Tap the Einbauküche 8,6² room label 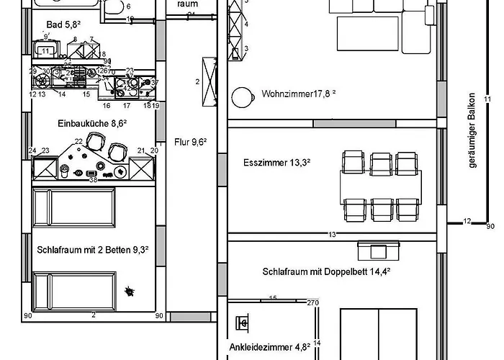(x=92, y=124)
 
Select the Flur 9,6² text (x=191, y=141)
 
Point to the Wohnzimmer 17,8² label (x=299, y=94)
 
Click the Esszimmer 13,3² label (x=277, y=163)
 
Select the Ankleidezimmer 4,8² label (x=269, y=346)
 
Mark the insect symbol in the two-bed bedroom (x=130, y=291)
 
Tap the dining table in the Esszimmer (x=380, y=185)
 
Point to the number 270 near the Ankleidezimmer (x=312, y=303)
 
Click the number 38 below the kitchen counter (x=93, y=180)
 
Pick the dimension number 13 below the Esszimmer (x=332, y=235)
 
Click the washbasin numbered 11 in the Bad (x=46, y=50)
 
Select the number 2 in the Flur (x=197, y=82)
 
